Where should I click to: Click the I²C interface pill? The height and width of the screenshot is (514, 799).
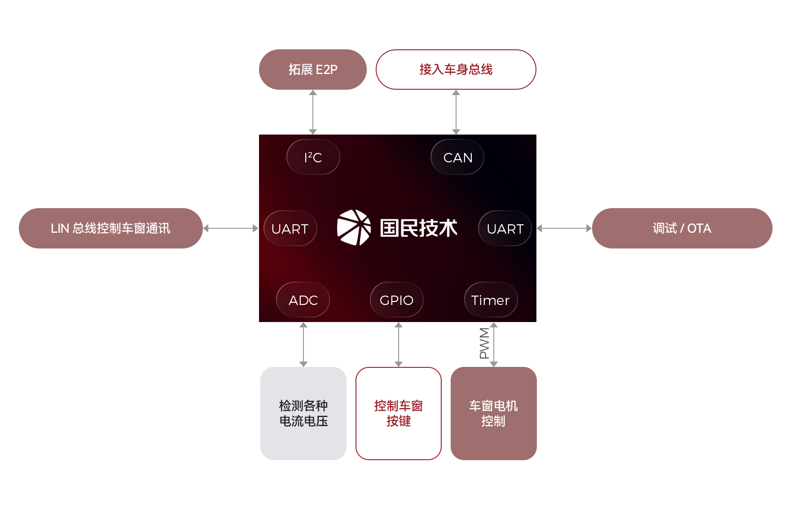pos(313,157)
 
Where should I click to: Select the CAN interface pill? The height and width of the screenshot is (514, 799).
pos(457,157)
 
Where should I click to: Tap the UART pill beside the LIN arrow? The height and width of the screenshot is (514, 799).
pos(290,229)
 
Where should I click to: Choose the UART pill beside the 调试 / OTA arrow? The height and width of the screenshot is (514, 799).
pos(505,229)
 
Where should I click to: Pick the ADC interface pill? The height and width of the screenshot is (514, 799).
pos(303,300)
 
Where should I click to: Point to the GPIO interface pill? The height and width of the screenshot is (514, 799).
pos(396,300)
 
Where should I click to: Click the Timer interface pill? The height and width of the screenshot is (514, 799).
pos(491,300)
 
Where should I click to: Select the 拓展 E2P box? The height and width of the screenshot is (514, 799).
pos(312,70)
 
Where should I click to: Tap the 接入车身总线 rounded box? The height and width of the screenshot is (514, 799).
pos(456,70)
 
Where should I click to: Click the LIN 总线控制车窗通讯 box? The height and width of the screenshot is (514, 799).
pos(111,228)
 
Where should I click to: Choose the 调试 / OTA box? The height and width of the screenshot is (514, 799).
pos(681,228)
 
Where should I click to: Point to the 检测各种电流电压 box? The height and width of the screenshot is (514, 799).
pos(303,413)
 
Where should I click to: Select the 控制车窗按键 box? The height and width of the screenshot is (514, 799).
pos(399,413)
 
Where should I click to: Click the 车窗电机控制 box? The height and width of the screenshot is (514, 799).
pos(493,413)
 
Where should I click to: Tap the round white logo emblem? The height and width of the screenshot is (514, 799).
pos(354,228)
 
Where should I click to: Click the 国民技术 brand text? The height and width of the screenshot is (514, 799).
pos(418,228)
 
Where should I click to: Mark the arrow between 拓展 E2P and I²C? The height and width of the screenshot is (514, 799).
pos(312,112)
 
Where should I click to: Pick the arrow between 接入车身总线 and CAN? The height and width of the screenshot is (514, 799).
pos(456,112)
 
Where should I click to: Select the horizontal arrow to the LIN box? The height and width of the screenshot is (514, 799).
pos(231,228)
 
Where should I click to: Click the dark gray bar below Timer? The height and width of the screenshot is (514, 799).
pos(484,344)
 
